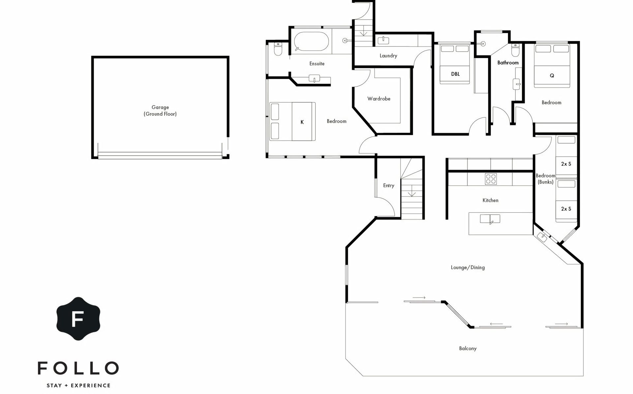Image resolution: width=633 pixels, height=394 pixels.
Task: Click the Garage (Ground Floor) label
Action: pyautogui.click(x=160, y=110)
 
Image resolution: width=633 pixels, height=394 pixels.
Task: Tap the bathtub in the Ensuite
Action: pyautogui.click(x=311, y=41)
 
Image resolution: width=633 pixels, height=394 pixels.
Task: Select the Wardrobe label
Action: pyautogui.click(x=379, y=99)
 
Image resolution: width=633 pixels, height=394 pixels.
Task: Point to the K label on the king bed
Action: pyautogui.click(x=302, y=122)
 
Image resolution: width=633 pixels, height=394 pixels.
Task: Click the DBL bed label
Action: pyautogui.click(x=455, y=74)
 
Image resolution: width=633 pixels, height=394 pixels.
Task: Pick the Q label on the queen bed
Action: pyautogui.click(x=552, y=76)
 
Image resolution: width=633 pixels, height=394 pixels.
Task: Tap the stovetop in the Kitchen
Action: pyautogui.click(x=491, y=179)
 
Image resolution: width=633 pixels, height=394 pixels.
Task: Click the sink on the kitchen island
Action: pyautogui.click(x=490, y=219)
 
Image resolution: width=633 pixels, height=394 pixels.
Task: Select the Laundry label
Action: pyautogui.click(x=388, y=56)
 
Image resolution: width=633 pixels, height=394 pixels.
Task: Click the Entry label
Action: pyautogui.click(x=389, y=186)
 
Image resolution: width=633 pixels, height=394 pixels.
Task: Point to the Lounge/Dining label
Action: pyautogui.click(x=468, y=267)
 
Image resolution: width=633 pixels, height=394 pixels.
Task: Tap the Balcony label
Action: pyautogui.click(x=468, y=348)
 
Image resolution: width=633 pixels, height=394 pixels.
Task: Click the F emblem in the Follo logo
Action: pyautogui.click(x=78, y=318)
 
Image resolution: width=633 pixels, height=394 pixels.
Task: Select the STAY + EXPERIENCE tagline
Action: pyautogui.click(x=78, y=385)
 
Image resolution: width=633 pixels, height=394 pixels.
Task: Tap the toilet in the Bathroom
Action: pyautogui.click(x=515, y=50)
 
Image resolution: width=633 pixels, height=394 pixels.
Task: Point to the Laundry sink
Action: pyautogui.click(x=383, y=41)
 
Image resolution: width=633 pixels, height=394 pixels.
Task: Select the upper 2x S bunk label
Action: pyautogui.click(x=566, y=164)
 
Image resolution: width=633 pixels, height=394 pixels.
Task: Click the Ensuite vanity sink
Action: pyautogui.click(x=315, y=78)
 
